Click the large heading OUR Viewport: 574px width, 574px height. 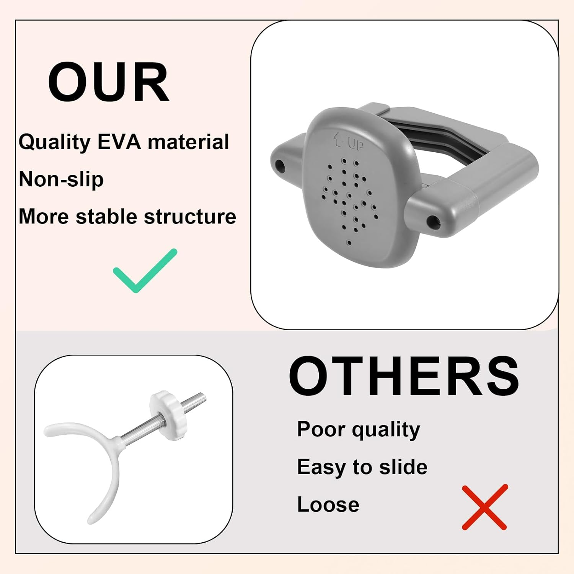pos(109,83)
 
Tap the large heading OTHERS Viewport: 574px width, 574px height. pos(404,376)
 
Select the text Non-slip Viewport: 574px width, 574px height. pos(61,179)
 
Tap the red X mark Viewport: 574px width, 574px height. pos(484,507)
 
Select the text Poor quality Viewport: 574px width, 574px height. pos(358,429)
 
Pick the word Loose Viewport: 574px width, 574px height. pos(328,504)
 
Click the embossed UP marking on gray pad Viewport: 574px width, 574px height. pos(349,143)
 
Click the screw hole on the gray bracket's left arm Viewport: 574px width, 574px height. pos(280,166)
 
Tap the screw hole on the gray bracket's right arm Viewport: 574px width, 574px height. pos(433,221)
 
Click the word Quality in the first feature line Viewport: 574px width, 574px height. pos(54,142)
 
